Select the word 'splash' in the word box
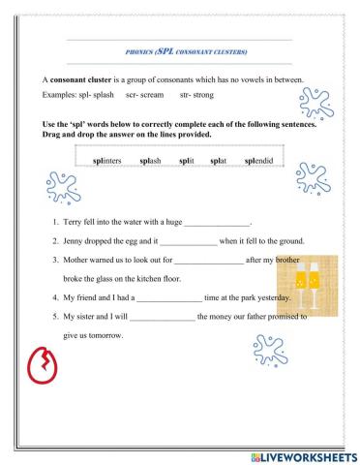[156, 160]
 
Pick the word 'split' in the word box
[194, 160]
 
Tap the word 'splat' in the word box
[225, 160]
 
